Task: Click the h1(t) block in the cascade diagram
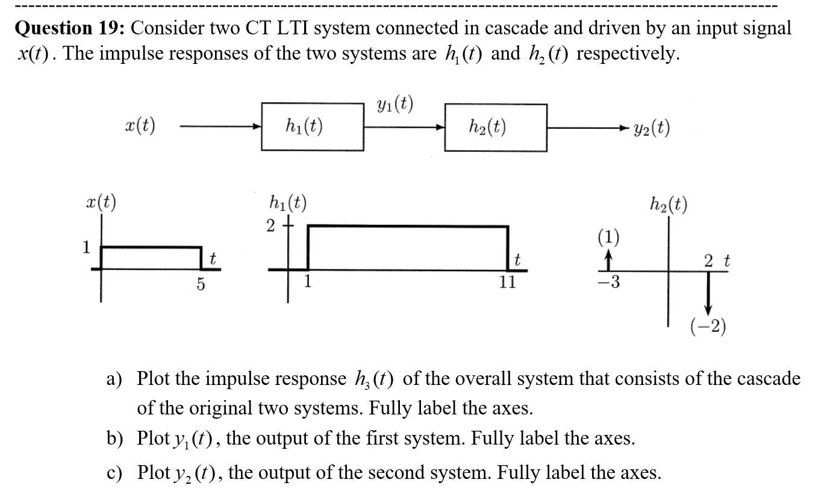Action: pyautogui.click(x=312, y=127)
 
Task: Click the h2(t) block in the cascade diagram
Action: pyautogui.click(x=496, y=127)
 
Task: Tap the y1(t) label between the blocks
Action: pyautogui.click(x=394, y=105)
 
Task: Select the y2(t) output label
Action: pyautogui.click(x=651, y=128)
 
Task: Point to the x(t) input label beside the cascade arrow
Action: pyautogui.click(x=138, y=127)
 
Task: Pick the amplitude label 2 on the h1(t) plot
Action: pyautogui.click(x=271, y=226)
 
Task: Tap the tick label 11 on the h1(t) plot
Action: pyautogui.click(x=508, y=283)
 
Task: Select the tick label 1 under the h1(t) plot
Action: pyautogui.click(x=308, y=281)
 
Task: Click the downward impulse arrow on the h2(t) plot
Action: pyautogui.click(x=708, y=292)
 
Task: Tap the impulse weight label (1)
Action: pyautogui.click(x=609, y=236)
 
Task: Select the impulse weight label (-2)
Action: pyautogui.click(x=708, y=327)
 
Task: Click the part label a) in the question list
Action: pyautogui.click(x=114, y=379)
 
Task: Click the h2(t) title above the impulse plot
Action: pyautogui.click(x=669, y=205)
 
